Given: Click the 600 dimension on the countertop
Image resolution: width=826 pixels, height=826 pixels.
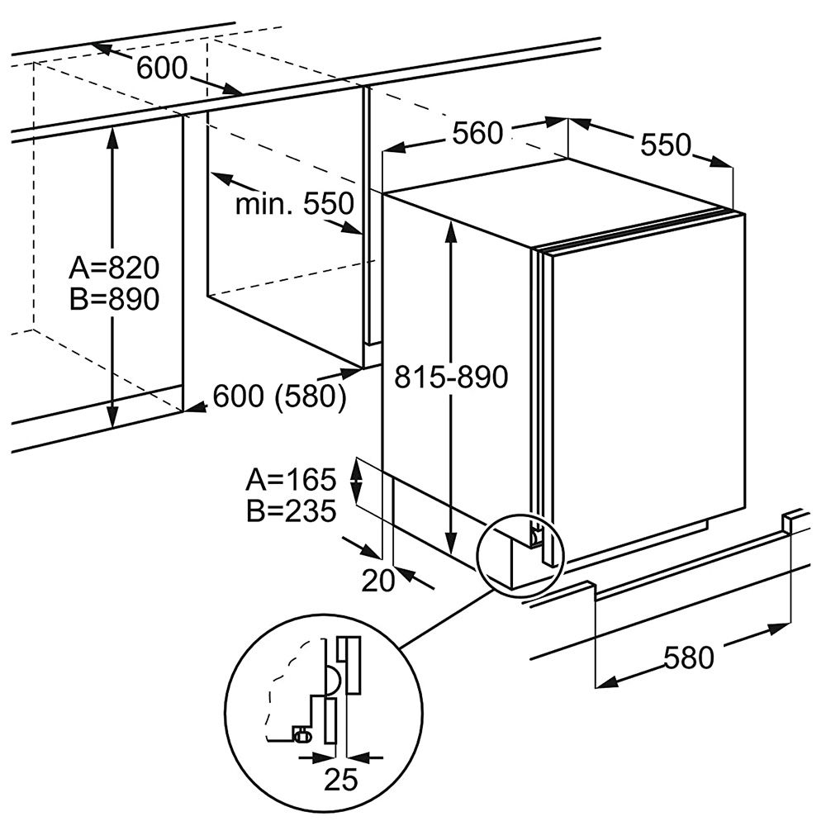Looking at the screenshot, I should (162, 69).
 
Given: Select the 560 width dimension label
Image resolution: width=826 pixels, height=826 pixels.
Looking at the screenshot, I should (477, 133).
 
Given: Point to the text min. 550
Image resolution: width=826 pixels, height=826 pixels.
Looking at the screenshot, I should (294, 203).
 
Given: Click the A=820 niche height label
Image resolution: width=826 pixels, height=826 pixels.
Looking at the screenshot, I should (113, 268).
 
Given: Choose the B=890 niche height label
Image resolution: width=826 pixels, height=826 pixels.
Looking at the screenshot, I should (113, 299).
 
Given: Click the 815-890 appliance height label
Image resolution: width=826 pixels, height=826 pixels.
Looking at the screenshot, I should (450, 377).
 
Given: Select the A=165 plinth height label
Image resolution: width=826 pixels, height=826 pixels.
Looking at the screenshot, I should (292, 479).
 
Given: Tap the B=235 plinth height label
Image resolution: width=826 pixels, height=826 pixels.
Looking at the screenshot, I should (292, 511).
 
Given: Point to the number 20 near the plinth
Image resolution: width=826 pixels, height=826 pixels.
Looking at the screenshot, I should (379, 581).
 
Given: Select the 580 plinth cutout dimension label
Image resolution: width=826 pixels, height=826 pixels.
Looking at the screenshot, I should (688, 658).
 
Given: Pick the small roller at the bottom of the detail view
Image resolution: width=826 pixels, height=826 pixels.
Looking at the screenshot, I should (301, 733).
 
